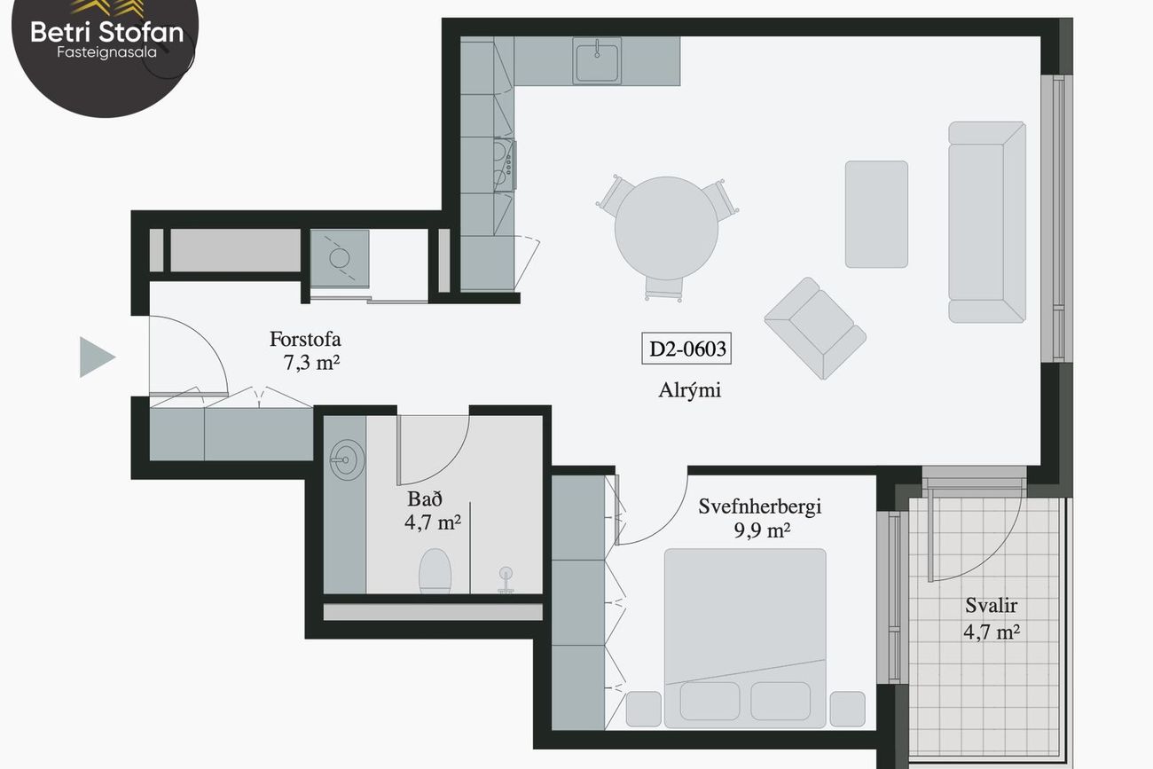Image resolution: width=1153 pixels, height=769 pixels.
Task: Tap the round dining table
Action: [x=667, y=228]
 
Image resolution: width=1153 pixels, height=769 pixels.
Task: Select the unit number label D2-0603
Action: [x=686, y=349]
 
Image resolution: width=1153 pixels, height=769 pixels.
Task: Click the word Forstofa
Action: [x=305, y=339]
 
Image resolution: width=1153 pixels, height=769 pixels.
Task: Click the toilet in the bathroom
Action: [x=435, y=570]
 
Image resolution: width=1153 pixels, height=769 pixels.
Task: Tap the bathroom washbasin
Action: [x=347, y=459]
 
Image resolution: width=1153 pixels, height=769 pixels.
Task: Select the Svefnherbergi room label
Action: [x=760, y=507]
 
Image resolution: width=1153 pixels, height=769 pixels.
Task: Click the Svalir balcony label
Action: [x=992, y=605]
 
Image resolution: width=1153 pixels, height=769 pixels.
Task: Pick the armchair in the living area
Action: [x=815, y=328]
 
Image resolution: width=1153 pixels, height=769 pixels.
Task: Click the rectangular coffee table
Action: [x=876, y=214]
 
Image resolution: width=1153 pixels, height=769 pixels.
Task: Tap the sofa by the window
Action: [x=987, y=223]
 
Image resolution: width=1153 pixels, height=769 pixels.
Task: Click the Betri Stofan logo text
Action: [x=107, y=32]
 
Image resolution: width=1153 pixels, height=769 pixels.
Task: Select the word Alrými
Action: [x=689, y=390]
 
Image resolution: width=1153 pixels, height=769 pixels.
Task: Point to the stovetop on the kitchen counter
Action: [x=504, y=165]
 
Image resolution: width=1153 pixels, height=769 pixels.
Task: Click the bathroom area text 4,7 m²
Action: [x=433, y=522]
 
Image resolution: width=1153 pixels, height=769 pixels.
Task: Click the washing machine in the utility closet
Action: [x=339, y=258]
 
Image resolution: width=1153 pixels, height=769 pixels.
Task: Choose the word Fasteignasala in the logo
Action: [x=106, y=52]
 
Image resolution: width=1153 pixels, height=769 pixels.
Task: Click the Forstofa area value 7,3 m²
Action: [x=311, y=363]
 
